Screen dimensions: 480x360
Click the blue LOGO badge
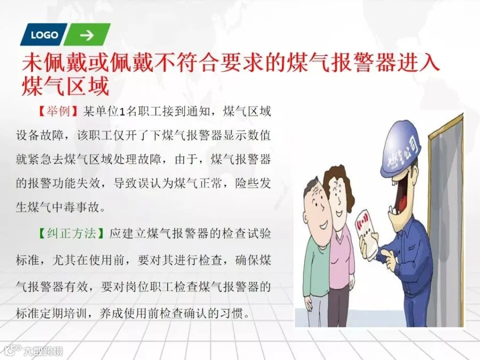(44, 34)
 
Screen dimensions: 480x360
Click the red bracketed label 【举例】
(58, 111)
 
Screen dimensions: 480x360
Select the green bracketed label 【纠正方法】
(70, 234)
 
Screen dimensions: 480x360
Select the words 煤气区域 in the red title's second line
(66, 86)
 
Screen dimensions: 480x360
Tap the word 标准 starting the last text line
(28, 314)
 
